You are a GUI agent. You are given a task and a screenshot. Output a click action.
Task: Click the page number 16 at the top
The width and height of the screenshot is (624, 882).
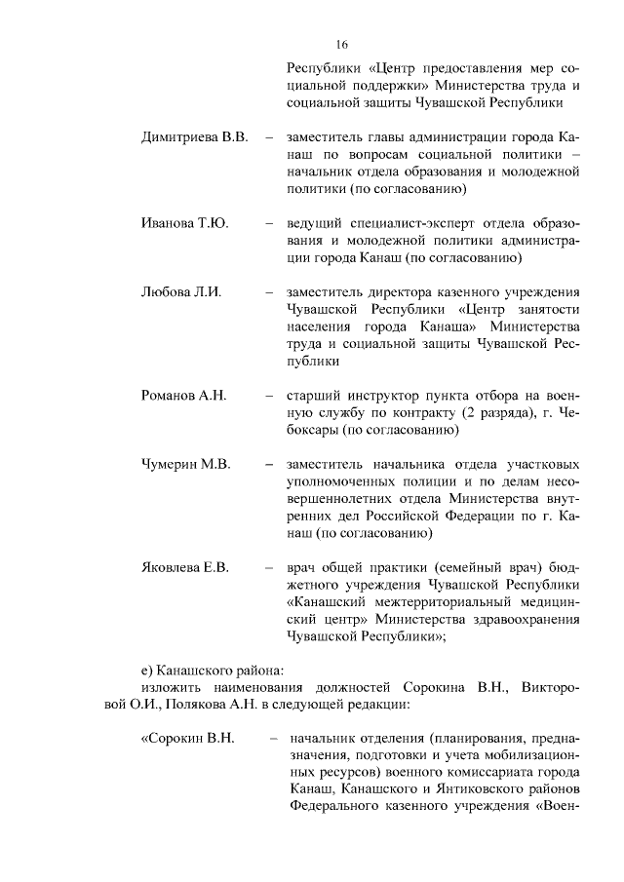(x=341, y=45)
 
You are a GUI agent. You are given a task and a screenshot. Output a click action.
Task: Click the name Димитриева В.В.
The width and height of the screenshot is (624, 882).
(x=195, y=136)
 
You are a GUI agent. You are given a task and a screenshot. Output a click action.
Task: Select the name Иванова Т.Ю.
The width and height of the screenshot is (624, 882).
(x=185, y=223)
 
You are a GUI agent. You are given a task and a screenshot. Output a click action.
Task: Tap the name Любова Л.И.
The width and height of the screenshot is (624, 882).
(x=182, y=291)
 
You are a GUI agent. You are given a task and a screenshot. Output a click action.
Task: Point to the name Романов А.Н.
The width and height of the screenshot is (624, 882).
(x=183, y=395)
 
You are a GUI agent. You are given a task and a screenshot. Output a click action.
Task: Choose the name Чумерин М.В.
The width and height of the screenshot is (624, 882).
(x=186, y=464)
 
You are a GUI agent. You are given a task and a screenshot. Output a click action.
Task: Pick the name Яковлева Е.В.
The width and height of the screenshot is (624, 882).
(x=185, y=567)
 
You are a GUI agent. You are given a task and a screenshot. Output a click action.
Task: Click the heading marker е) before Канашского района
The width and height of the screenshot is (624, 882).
(x=148, y=670)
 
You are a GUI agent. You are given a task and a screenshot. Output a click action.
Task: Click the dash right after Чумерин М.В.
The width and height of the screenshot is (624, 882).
(x=268, y=464)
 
